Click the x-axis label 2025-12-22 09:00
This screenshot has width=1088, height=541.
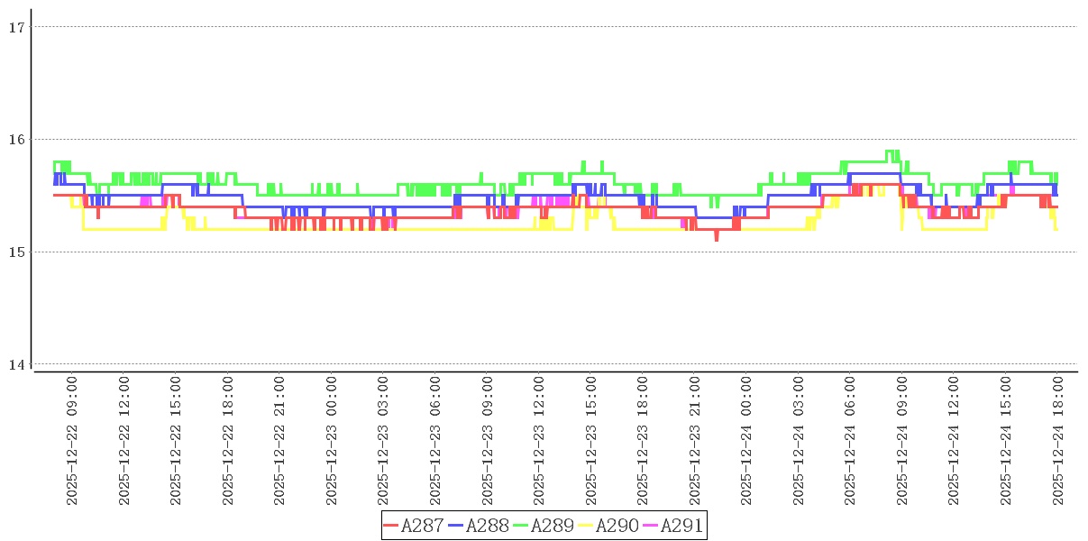coord(72,442)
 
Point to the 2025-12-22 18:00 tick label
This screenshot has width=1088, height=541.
coord(228,442)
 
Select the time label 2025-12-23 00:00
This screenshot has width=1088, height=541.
coord(332,442)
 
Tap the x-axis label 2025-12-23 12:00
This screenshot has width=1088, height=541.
coord(539,442)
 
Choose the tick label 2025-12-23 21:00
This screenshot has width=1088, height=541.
coord(695,442)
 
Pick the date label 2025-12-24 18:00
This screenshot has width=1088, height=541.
coord(1058,442)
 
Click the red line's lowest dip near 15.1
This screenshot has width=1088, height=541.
coord(717,239)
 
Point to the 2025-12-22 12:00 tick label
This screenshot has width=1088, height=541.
coord(124,442)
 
